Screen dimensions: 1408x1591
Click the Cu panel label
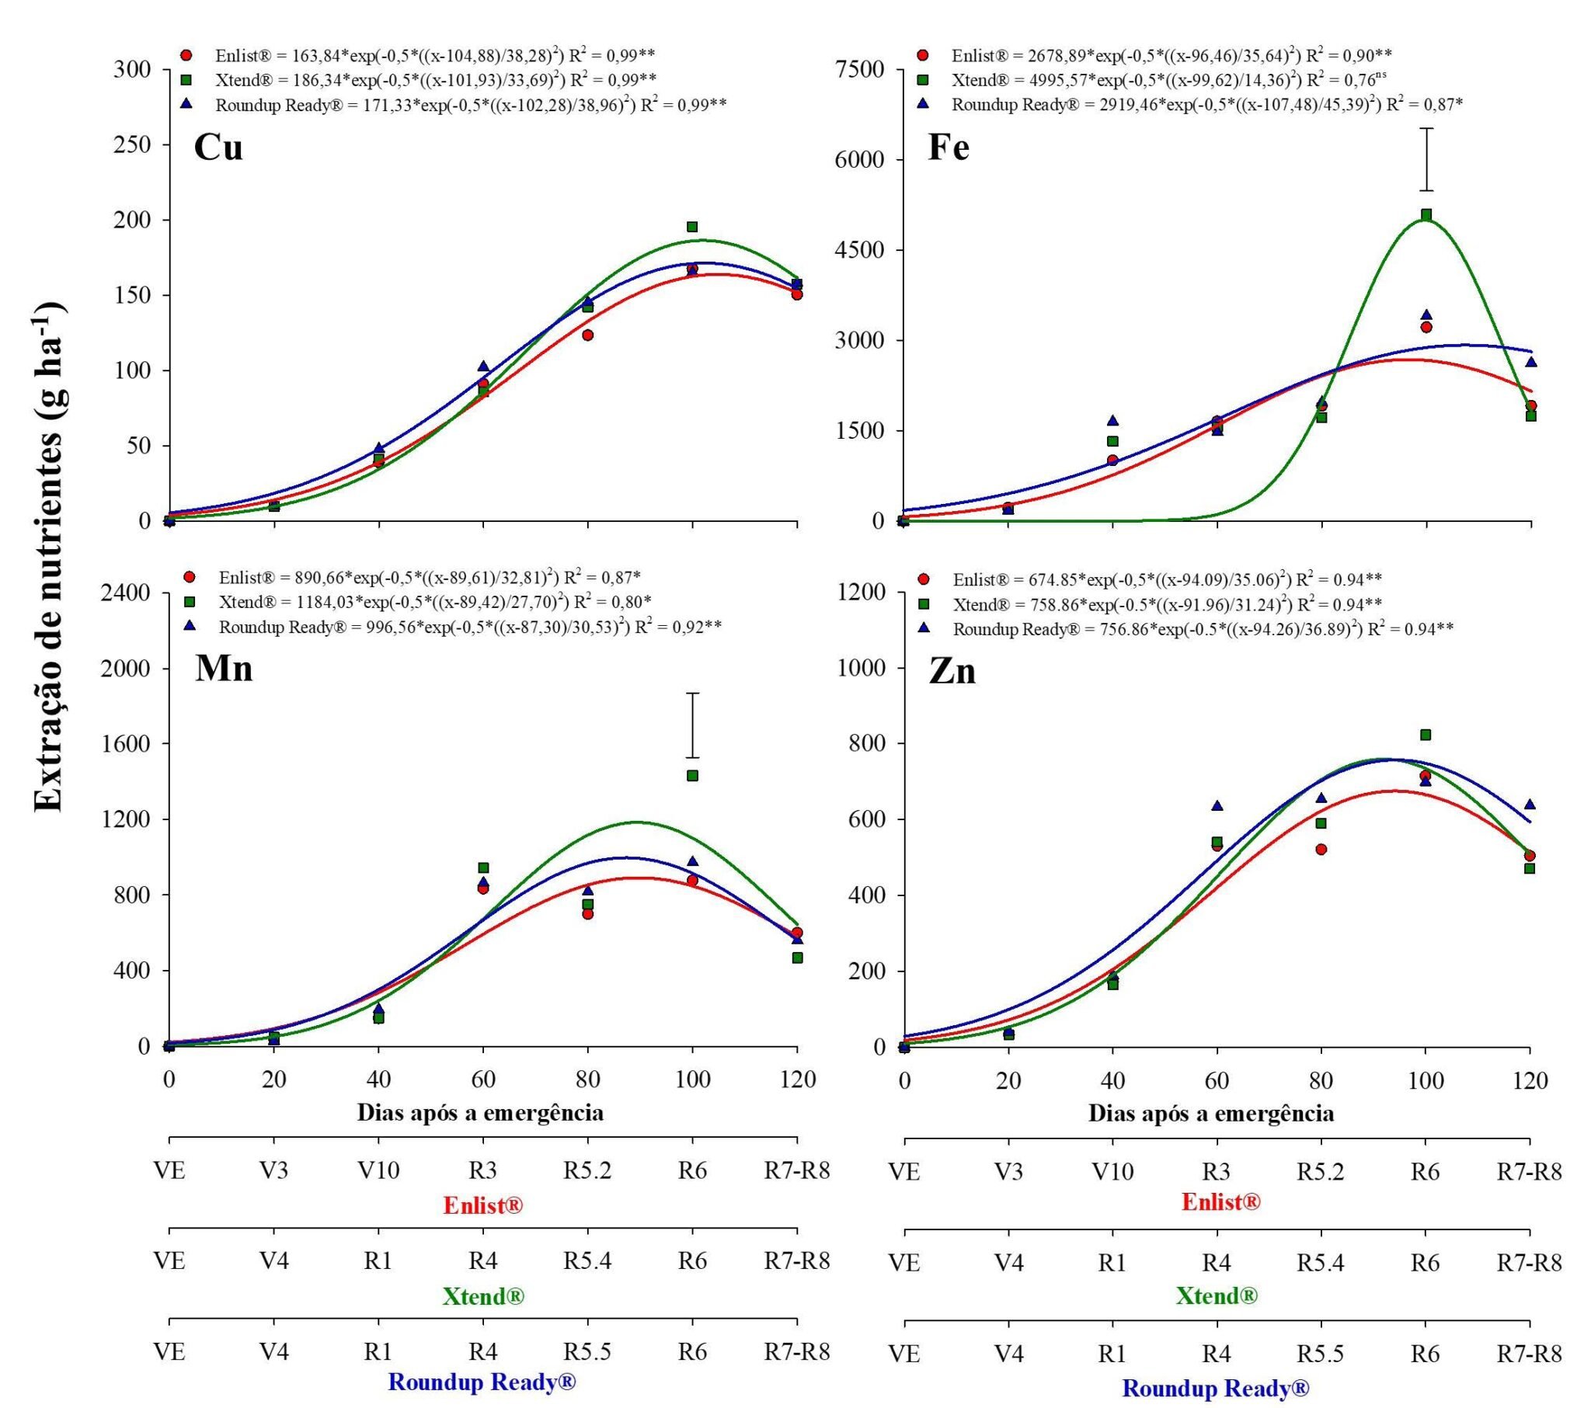coord(218,147)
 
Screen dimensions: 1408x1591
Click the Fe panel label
coord(948,147)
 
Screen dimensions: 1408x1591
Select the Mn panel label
coord(224,668)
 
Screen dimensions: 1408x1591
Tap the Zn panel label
coord(952,671)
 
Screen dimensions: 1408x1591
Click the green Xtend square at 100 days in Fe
coord(1426,215)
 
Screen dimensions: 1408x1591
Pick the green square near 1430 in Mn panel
coord(692,775)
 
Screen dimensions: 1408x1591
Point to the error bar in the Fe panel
coord(1426,159)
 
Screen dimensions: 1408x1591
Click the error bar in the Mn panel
coord(692,725)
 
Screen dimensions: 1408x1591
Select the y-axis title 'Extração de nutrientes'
coord(50,557)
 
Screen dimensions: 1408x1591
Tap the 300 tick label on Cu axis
coord(132,69)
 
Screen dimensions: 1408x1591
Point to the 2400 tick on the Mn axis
coord(127,593)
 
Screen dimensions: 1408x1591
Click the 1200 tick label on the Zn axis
coord(862,593)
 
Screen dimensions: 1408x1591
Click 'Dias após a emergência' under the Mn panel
coord(480,1112)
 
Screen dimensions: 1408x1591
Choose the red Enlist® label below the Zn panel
coord(1220,1202)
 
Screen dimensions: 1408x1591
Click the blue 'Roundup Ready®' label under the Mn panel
coord(482,1382)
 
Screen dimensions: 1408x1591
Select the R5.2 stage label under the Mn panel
coord(587,1170)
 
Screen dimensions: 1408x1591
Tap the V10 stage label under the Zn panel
coord(1112,1170)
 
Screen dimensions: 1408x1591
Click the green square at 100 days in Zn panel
coord(1426,735)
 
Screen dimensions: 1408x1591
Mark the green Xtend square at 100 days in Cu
coord(692,228)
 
